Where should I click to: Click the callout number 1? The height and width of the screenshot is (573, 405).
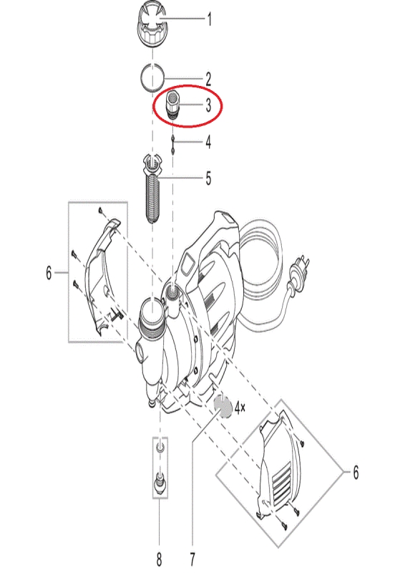[209, 19]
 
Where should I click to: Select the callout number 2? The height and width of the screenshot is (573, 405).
[208, 79]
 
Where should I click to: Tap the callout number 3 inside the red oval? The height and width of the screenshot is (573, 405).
[208, 105]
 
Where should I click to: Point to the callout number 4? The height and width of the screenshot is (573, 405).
[208, 142]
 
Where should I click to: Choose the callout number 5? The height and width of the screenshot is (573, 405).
[208, 178]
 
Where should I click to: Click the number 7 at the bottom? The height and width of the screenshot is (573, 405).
[192, 559]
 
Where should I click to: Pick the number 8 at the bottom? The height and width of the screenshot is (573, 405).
[160, 559]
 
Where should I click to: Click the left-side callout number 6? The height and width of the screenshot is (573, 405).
[49, 273]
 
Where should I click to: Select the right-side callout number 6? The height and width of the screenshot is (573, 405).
[356, 472]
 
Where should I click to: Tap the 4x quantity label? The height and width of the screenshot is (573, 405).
[240, 408]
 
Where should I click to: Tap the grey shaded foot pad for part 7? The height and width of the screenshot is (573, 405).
[223, 407]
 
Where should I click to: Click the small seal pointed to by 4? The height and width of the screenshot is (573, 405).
[172, 144]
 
